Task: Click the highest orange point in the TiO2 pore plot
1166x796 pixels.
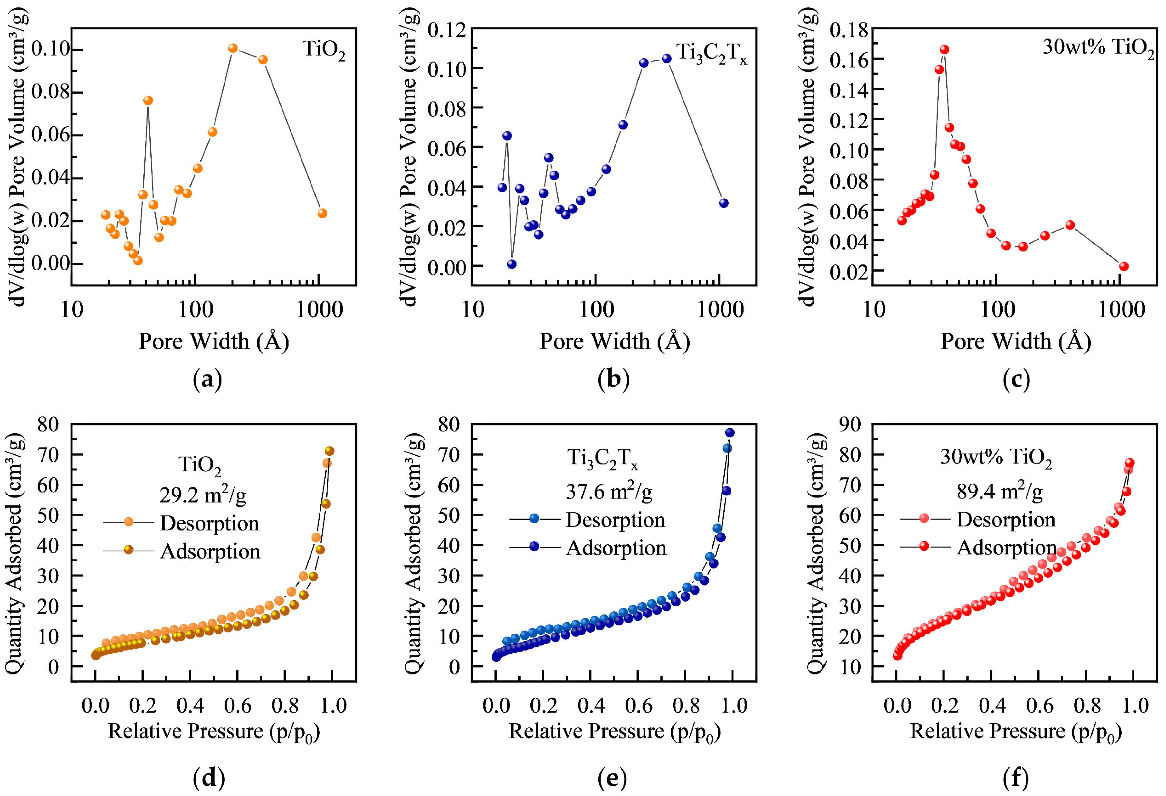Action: (x=232, y=49)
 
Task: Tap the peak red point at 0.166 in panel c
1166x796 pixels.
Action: (x=944, y=50)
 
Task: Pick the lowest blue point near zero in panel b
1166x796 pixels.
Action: (x=512, y=264)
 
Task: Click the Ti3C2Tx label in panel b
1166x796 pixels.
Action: (x=712, y=53)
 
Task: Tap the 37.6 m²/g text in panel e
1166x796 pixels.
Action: (x=608, y=492)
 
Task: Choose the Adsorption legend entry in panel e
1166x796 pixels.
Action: (x=616, y=548)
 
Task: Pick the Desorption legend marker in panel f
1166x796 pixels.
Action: (x=924, y=518)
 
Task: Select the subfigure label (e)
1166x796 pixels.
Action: (x=612, y=778)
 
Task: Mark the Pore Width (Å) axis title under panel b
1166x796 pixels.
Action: (x=614, y=341)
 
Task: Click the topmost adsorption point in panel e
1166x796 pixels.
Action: (x=730, y=432)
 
